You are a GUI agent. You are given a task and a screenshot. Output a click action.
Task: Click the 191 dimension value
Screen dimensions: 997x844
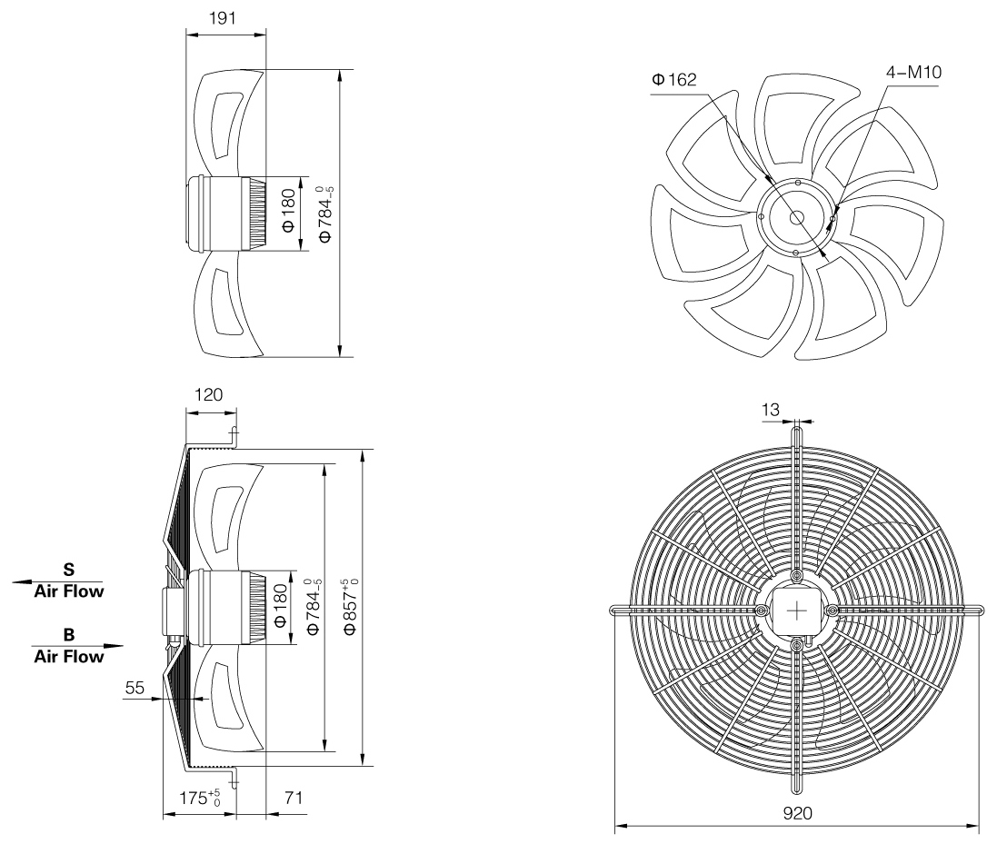click(223, 18)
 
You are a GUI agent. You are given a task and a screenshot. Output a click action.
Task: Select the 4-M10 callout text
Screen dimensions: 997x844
click(913, 72)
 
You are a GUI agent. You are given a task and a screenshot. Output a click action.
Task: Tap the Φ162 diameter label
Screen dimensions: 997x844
click(674, 79)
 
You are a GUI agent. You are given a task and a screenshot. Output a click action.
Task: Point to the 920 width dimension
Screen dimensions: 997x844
click(797, 813)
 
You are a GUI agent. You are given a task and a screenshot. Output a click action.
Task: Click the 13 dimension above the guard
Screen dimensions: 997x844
click(770, 410)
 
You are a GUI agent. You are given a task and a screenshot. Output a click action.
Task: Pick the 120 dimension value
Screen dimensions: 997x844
click(208, 394)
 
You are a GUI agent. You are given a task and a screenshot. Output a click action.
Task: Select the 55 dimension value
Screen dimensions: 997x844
click(135, 688)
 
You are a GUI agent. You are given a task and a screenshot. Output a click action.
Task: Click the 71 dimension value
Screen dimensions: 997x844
click(294, 798)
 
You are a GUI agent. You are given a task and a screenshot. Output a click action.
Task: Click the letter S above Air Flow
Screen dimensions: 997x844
click(69, 569)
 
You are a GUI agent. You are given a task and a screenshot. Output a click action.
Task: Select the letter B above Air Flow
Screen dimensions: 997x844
click(69, 634)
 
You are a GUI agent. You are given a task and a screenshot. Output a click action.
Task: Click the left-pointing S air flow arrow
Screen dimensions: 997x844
click(57, 581)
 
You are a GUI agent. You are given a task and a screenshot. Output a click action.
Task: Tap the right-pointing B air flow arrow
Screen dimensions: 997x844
click(77, 646)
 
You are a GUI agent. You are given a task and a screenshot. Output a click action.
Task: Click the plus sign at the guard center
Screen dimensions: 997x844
click(797, 611)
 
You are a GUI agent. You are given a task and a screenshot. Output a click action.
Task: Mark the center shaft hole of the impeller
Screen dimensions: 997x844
click(797, 218)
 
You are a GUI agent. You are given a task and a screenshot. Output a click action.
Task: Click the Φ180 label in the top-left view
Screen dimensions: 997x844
click(288, 211)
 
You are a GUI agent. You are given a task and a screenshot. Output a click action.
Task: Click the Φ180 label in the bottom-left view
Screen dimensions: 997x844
click(280, 606)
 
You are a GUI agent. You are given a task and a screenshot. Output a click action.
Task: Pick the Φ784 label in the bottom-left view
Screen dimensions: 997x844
click(314, 606)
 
